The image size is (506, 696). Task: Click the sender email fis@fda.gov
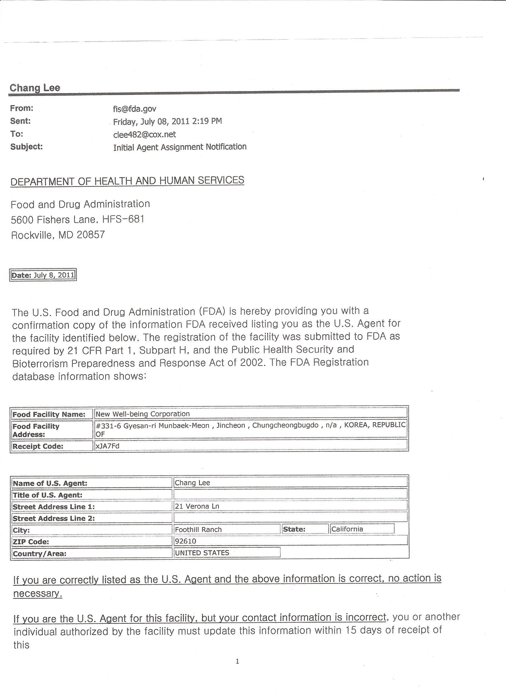[x=135, y=109]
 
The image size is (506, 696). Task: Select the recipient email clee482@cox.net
[x=145, y=135]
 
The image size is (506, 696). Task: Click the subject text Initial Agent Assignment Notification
[x=180, y=147]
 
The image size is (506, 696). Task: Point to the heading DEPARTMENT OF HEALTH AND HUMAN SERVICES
[x=127, y=181]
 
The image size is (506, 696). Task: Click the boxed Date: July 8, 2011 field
[x=43, y=275]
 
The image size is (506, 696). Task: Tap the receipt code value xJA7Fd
[x=107, y=446]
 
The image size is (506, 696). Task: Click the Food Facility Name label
[x=49, y=415]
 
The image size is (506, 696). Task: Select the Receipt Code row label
[x=38, y=447]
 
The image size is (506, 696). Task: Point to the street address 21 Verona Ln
[x=197, y=506]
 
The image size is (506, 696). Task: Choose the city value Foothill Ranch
[x=198, y=530]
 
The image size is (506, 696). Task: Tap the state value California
[x=347, y=529]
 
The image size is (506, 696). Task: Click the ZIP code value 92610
[x=185, y=541]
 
